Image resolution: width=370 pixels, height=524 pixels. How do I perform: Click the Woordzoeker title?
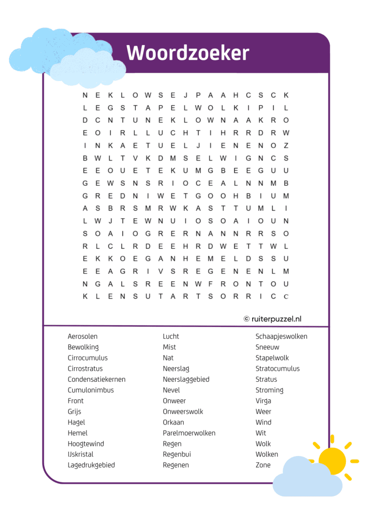(x=188, y=53)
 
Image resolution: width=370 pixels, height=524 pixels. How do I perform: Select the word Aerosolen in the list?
(x=82, y=336)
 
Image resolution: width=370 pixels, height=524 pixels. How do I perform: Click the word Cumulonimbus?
(x=91, y=390)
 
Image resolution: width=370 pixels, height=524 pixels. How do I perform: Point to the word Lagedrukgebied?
(x=91, y=465)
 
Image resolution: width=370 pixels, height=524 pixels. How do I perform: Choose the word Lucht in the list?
(x=171, y=336)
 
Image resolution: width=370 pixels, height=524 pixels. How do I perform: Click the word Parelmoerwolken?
(x=189, y=433)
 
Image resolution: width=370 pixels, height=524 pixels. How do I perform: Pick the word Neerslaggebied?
(x=186, y=379)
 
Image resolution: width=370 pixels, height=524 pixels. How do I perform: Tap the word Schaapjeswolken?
(x=281, y=336)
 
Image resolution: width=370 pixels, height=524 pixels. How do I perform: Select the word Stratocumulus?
(x=277, y=369)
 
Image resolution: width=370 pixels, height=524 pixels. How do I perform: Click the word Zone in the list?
(x=263, y=465)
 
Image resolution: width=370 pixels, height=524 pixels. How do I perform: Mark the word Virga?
(x=263, y=401)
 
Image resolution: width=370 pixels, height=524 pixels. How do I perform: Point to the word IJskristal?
(x=80, y=454)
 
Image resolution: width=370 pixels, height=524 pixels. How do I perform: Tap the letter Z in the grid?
(x=286, y=146)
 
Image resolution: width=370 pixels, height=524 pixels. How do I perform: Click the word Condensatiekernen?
(x=97, y=379)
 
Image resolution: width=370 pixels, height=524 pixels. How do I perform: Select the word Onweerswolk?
(x=183, y=411)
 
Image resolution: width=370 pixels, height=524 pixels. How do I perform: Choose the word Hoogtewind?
(x=86, y=443)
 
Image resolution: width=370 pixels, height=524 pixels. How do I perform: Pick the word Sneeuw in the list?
(x=267, y=347)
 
